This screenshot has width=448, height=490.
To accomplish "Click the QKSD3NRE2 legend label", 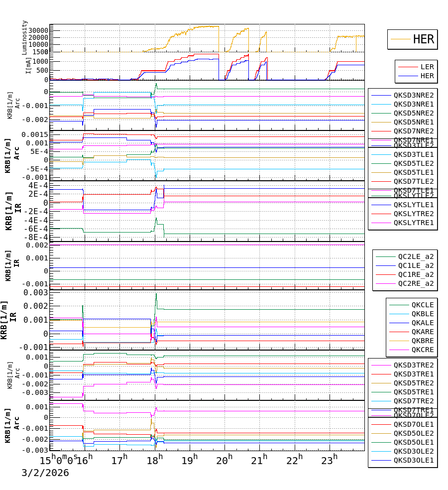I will tap(413, 95).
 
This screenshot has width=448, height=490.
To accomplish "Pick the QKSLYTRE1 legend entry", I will tap(413, 223).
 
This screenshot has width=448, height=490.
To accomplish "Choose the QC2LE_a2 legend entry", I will tap(415, 257).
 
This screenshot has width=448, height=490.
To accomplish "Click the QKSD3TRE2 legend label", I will tap(413, 365).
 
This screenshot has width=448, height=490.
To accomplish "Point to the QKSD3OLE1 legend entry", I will tap(413, 460).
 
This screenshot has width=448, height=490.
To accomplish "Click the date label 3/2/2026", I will tap(45, 473).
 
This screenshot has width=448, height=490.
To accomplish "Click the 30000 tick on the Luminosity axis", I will tap(37, 30).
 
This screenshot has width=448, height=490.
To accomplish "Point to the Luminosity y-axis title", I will tap(25, 37).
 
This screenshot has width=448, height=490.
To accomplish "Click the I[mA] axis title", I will tap(28, 66).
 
